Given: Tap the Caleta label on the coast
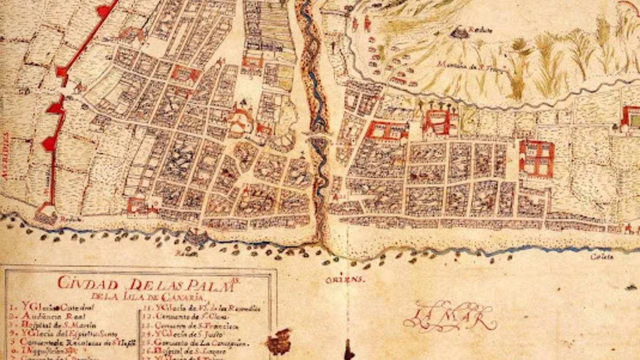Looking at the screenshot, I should point(601,257).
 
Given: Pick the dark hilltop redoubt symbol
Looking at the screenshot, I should point(457,34).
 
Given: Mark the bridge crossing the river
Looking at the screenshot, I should point(319,136).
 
